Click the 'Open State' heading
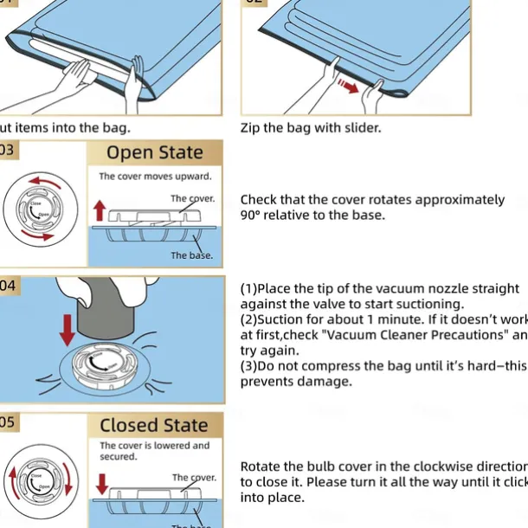point(155,153)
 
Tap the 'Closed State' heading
point(154,425)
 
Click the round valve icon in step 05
point(36,485)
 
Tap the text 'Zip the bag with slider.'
point(310,128)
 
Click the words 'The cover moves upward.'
point(154,177)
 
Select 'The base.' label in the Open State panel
point(191,255)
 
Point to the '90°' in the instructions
point(253,216)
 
